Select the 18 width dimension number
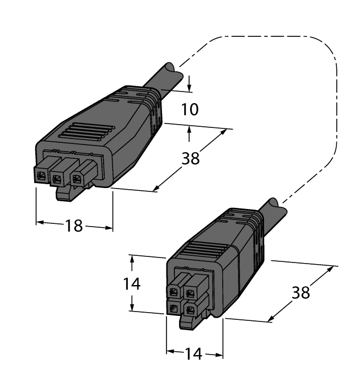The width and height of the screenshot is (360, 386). [74, 225]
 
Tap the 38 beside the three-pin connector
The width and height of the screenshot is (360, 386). [191, 158]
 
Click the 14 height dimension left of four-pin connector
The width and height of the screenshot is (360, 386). [131, 284]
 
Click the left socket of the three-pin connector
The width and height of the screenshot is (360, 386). [41, 176]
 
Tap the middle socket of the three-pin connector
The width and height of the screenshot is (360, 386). [57, 178]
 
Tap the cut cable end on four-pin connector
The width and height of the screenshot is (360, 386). [277, 207]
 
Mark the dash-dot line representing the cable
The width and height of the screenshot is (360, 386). [335, 110]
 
